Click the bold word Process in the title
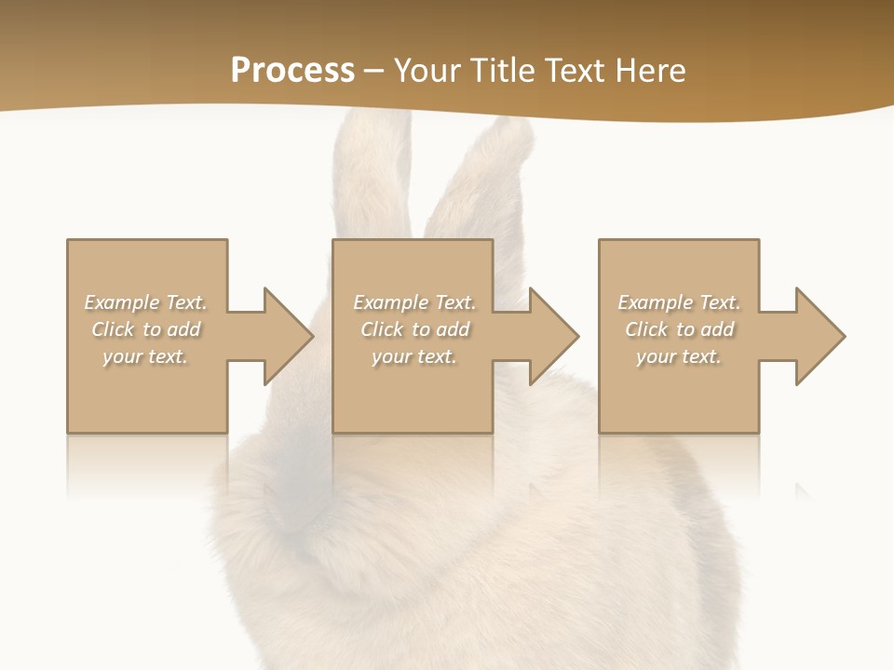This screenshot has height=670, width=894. (292, 71)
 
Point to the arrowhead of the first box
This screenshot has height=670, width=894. (287, 336)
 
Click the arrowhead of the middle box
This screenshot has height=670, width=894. (553, 336)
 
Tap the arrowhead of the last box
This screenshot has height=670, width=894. (819, 336)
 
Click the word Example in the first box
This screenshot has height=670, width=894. (122, 302)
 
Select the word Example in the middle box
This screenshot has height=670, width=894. (390, 302)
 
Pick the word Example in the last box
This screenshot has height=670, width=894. (655, 302)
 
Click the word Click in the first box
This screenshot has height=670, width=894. (113, 329)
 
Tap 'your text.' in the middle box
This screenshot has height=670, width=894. (413, 356)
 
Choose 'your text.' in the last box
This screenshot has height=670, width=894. (678, 356)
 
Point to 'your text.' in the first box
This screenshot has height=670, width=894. (145, 356)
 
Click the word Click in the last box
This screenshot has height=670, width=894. (646, 329)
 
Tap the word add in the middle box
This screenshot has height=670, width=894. (452, 329)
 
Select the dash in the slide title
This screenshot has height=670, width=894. (374, 71)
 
